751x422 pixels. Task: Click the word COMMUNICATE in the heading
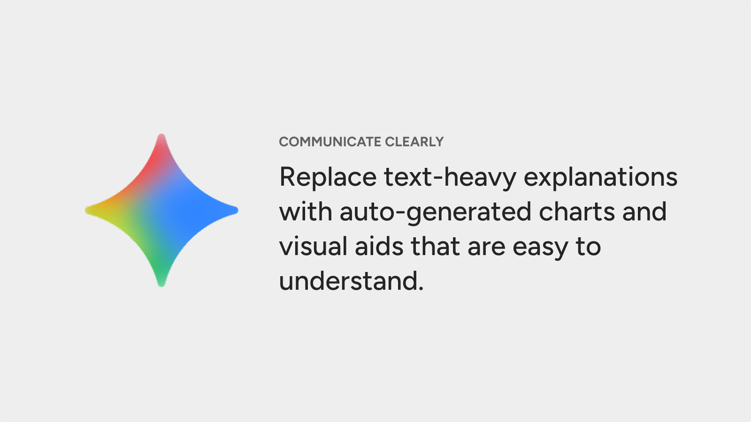click(330, 142)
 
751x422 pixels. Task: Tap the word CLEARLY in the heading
click(414, 142)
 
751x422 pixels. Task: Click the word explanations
click(600, 177)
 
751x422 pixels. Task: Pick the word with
click(306, 211)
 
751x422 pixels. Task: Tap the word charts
click(577, 211)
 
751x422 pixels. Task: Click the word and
click(644, 211)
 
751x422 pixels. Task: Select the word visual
click(313, 246)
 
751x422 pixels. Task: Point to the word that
click(435, 246)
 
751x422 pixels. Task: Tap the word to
click(589, 247)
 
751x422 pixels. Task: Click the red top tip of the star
click(161, 135)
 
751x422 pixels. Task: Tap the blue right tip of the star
click(237, 211)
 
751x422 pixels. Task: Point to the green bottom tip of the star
click(161, 286)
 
